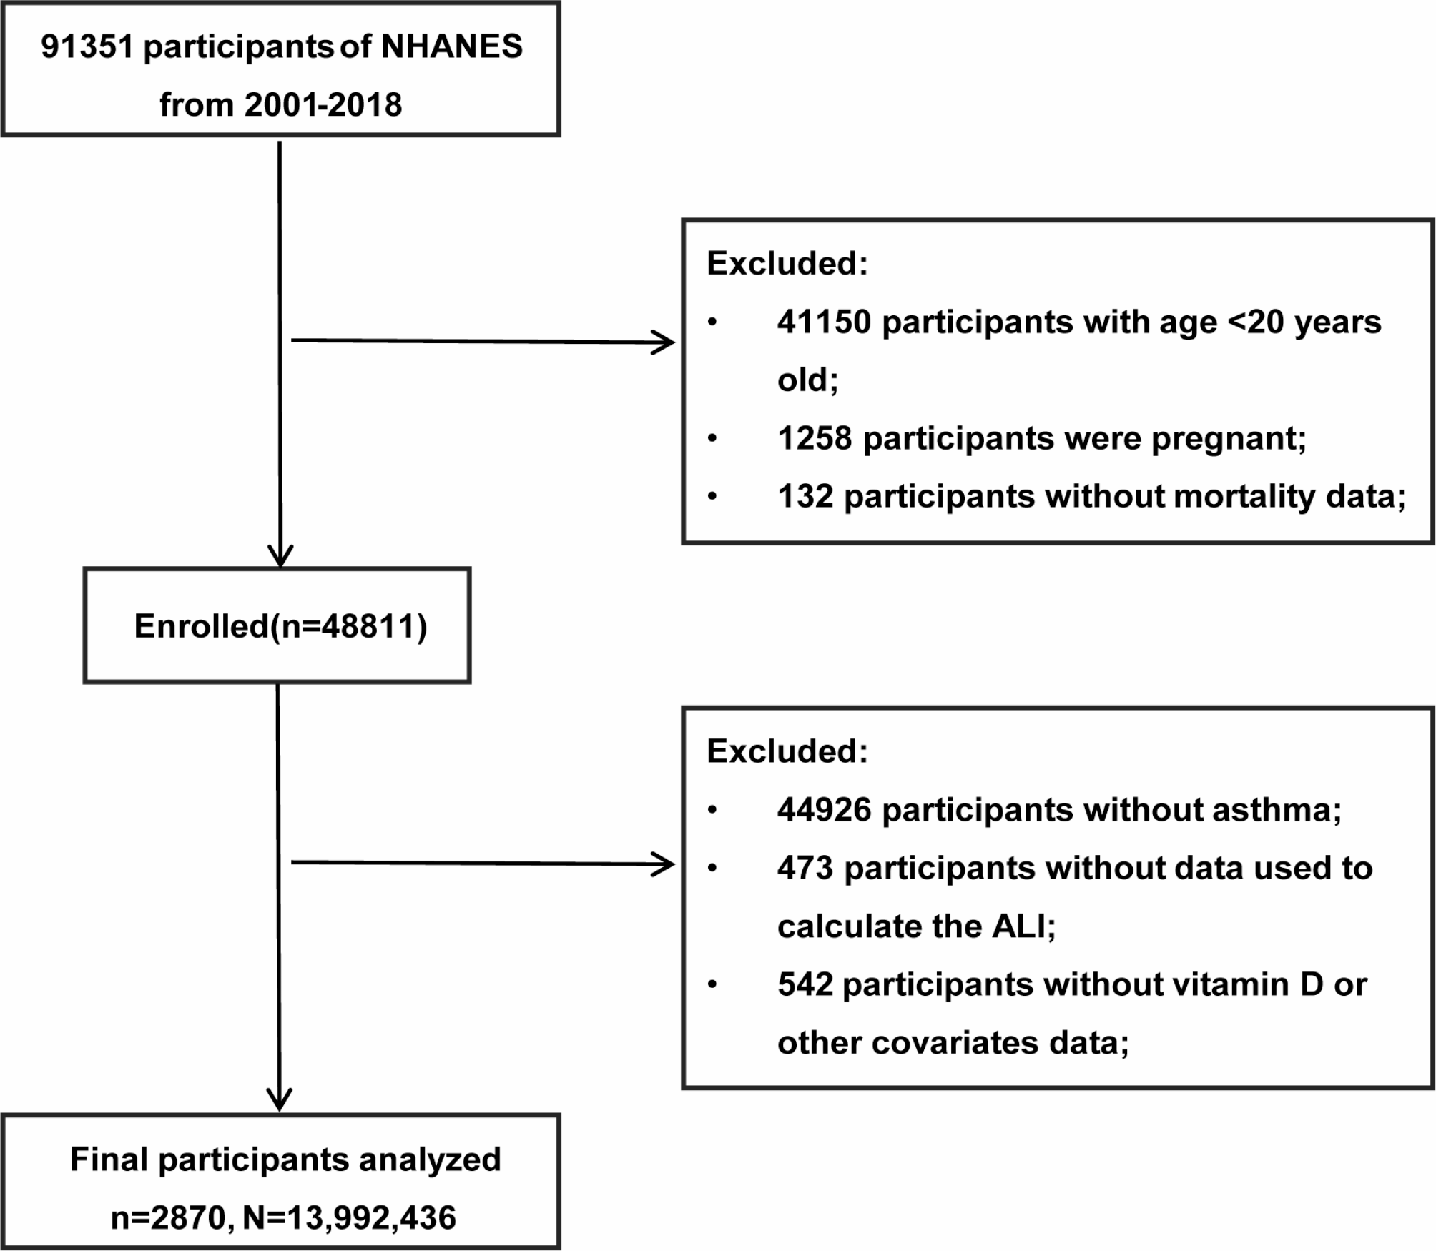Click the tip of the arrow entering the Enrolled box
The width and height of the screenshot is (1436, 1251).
pos(280,567)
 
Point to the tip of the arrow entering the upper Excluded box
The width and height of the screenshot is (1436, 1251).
pos(674,342)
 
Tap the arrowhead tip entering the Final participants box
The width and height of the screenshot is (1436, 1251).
pos(280,1111)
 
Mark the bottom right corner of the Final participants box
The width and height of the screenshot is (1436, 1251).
pos(559,1247)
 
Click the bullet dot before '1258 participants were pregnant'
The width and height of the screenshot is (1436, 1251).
pos(712,438)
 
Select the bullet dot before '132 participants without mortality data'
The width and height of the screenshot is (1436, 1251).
pos(712,496)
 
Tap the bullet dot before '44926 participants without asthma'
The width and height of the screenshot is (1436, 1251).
pos(712,810)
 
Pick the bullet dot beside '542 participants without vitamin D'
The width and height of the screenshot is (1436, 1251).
pos(712,984)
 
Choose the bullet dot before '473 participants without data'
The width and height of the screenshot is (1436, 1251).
pos(712,868)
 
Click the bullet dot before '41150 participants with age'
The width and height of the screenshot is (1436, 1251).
pos(712,322)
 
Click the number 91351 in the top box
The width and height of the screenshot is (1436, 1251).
pos(87,47)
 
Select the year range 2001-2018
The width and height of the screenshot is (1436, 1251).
pos(323,105)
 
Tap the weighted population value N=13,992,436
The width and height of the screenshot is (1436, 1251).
pos(350,1217)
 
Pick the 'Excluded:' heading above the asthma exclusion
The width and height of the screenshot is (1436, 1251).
pos(787,751)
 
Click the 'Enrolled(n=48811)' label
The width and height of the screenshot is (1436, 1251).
pos(280,626)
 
